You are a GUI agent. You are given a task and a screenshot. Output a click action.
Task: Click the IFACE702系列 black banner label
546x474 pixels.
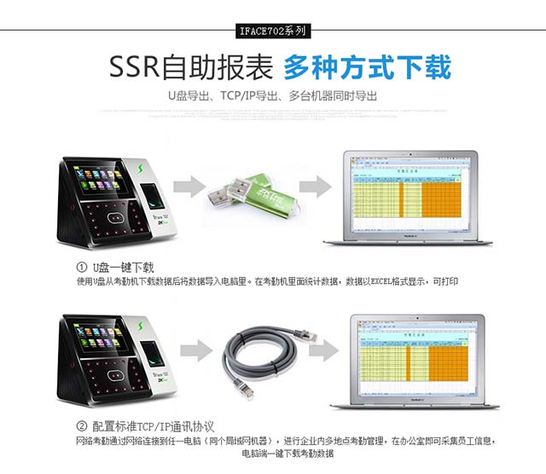[x=273, y=32]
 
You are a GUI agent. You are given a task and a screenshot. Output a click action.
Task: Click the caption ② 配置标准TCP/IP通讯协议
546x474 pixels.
[x=145, y=426]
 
